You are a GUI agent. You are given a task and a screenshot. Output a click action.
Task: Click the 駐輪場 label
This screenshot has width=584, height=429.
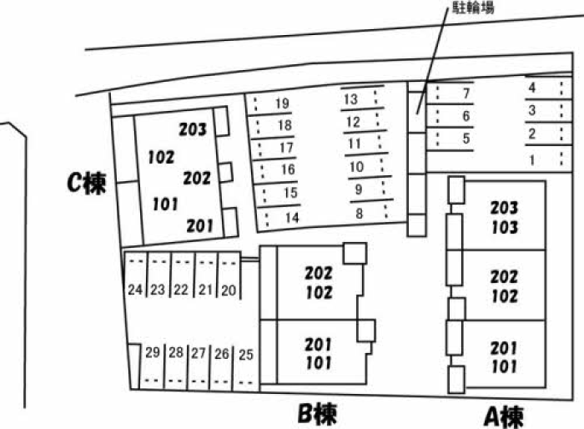473,8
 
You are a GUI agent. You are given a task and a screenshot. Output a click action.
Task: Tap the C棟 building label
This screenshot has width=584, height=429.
87,183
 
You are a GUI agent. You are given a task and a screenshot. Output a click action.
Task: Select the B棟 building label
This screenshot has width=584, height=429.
317,414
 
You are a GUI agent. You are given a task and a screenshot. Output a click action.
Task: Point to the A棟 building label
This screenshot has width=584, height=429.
504,416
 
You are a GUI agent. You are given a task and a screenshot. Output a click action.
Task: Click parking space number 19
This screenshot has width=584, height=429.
282,103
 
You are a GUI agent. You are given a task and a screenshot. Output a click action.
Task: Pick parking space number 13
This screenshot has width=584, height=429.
351,99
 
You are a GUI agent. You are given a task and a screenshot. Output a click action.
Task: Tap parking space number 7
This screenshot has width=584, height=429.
466,93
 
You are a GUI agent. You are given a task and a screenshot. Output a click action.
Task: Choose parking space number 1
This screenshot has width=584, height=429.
532,160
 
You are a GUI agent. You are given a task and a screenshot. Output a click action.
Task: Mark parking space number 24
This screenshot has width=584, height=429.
135,290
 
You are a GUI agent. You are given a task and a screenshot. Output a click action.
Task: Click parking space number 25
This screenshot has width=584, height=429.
246,355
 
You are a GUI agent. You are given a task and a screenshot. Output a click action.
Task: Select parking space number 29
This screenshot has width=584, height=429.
153,352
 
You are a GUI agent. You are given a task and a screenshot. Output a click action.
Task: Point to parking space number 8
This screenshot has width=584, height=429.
359,214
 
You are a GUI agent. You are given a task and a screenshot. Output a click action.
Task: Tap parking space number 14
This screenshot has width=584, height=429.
292,218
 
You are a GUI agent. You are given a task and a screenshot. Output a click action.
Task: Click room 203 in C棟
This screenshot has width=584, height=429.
193,129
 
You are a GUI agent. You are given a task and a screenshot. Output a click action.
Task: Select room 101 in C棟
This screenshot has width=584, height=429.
165,204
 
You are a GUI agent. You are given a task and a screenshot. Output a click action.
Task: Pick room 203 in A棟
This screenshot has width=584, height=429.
504,208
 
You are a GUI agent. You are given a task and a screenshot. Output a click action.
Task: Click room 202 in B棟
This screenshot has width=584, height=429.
319,273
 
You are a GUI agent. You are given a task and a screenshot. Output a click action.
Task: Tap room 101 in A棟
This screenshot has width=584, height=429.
504,366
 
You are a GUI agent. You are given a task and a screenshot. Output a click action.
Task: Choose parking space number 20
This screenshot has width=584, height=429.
229,290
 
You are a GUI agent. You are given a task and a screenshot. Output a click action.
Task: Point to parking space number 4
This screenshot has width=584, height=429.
532,88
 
